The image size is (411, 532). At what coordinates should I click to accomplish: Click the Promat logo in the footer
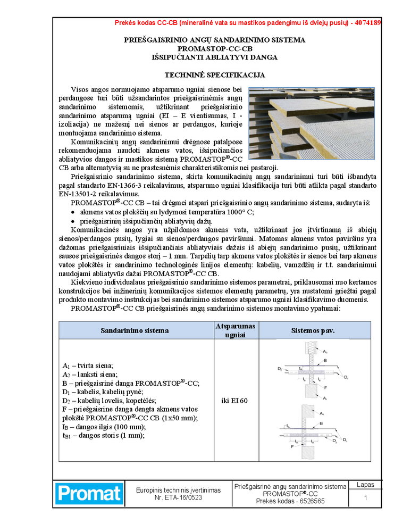pos(89,494)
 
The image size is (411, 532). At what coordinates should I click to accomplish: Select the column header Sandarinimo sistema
pos(135,330)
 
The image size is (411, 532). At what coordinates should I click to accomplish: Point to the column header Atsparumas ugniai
pos(234,330)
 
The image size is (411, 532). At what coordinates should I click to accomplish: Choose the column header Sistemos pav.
pos(313,330)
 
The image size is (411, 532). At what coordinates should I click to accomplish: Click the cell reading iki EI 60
pos(234,400)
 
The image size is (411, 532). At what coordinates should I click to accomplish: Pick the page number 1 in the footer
pos(365,498)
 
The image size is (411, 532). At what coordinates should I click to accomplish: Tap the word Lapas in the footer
pos(365,485)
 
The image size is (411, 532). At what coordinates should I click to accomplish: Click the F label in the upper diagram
pos(325,388)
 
